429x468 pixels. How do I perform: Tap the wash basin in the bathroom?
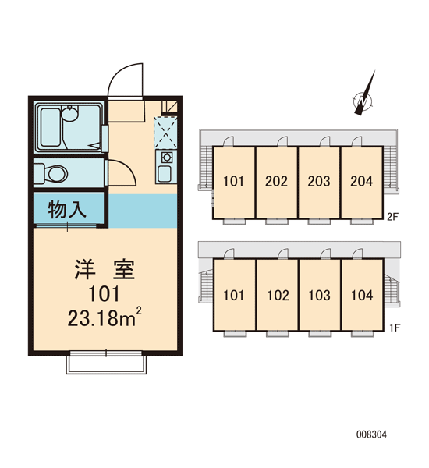[x=69, y=114]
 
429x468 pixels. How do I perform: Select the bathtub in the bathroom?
[x=51, y=127]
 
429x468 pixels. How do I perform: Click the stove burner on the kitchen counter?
[x=165, y=158]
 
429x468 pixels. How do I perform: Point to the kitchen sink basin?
[x=165, y=174]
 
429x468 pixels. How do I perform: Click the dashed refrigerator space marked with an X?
[x=165, y=133]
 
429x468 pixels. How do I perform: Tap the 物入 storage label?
[x=67, y=210]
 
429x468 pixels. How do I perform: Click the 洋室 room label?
[x=105, y=270]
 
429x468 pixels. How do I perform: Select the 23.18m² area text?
[x=105, y=317]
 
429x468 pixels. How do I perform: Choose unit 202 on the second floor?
[x=276, y=182]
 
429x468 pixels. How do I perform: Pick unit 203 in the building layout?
[x=319, y=182]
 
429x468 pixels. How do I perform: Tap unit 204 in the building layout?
[x=362, y=182]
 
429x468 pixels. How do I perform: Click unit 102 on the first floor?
[x=278, y=295]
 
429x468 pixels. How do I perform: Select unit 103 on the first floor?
[x=320, y=295]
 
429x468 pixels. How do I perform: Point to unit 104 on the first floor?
[x=362, y=295]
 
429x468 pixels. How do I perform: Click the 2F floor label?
[x=392, y=217]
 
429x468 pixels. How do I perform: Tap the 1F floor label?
[x=395, y=328]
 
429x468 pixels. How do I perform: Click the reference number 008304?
[x=371, y=434]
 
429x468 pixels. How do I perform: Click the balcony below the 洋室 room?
[x=106, y=364]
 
